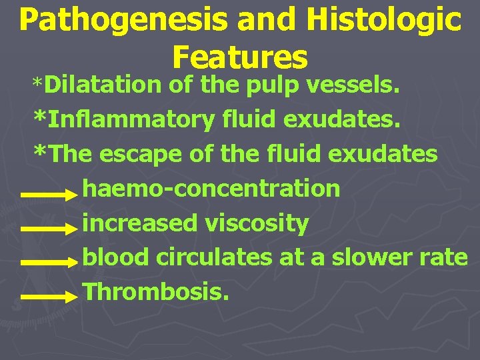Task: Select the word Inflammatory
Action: pyautogui.click(x=131, y=120)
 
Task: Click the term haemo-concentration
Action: pyautogui.click(x=211, y=189)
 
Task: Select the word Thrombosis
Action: pyautogui.click(x=155, y=291)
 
